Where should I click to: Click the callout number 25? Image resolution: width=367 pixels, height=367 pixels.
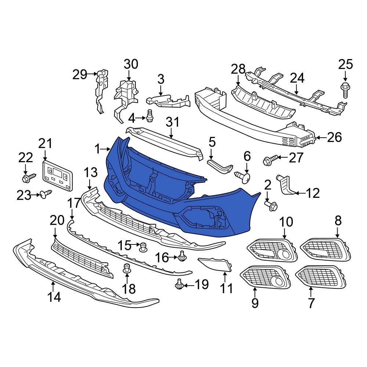click(345, 65)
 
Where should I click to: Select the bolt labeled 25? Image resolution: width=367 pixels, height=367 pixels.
click(345, 90)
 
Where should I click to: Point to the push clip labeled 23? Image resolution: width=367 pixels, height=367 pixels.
click(47, 194)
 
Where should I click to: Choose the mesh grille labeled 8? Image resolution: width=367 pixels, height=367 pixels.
click(323, 250)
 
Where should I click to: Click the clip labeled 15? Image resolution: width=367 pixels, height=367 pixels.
click(143, 247)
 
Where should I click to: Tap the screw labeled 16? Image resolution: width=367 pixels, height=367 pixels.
click(181, 257)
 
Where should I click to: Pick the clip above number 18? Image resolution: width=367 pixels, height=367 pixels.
click(127, 269)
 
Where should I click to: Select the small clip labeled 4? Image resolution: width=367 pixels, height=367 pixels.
click(149, 116)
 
